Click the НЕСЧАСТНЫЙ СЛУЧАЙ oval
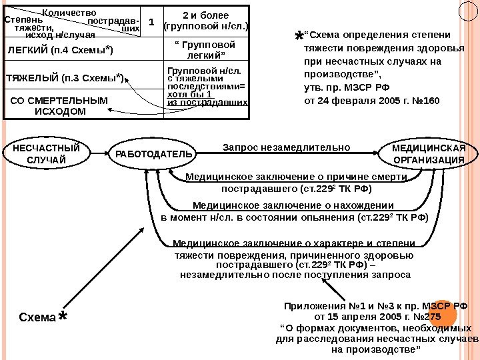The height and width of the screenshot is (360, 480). click(x=41, y=154)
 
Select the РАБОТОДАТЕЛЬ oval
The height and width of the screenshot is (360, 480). click(x=154, y=154)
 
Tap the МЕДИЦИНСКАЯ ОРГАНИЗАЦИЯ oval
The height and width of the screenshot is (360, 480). click(x=429, y=154)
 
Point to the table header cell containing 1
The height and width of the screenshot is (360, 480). click(x=151, y=22)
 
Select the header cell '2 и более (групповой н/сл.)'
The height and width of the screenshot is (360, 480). click(x=205, y=21)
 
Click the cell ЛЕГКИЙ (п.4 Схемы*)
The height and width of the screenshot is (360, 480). click(x=60, y=50)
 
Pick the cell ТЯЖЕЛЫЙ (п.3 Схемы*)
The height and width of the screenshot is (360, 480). click(x=65, y=78)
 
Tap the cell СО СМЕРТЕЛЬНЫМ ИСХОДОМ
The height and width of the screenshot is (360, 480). click(x=59, y=105)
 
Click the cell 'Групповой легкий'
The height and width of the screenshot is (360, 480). click(x=205, y=49)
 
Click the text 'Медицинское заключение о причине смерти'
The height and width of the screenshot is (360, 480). click(x=296, y=177)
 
